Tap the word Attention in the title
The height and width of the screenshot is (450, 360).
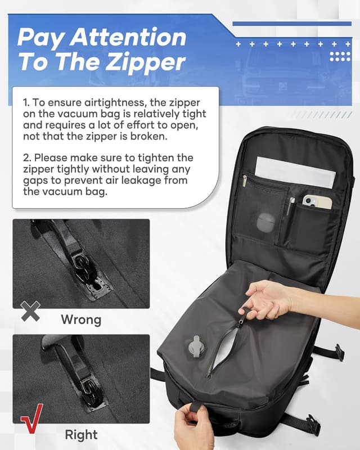(x=128, y=37)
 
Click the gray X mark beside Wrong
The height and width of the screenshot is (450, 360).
(x=30, y=311)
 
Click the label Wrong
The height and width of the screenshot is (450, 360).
(x=81, y=319)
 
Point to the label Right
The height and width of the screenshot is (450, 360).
(x=81, y=434)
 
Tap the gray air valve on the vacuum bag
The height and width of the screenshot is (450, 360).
(x=196, y=346)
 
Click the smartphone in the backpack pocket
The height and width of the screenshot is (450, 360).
(x=317, y=202)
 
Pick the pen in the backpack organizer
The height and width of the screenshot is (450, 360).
(x=290, y=206)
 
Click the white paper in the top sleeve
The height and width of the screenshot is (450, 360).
(x=295, y=172)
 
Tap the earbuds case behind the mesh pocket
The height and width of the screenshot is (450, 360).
(x=266, y=223)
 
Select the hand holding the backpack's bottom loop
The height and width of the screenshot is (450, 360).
(x=195, y=426)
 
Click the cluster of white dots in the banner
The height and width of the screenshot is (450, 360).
(x=340, y=57)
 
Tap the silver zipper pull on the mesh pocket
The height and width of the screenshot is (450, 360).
(x=244, y=181)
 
